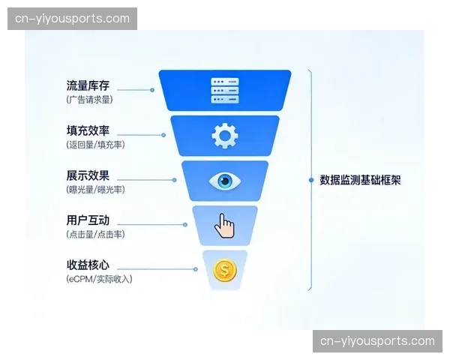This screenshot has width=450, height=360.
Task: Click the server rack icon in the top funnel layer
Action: tap(225, 91)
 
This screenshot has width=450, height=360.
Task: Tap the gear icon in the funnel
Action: tap(225, 136)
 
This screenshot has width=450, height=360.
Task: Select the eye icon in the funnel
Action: tap(225, 181)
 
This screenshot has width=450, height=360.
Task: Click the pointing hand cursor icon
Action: tap(224, 225)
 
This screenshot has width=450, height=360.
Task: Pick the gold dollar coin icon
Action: tap(224, 269)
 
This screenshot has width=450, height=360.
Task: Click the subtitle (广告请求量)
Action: tap(90, 99)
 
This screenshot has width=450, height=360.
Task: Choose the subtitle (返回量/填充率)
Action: tap(95, 144)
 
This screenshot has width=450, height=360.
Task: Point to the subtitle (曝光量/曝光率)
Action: tap(95, 189)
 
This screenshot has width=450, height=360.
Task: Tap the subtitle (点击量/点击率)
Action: tap(95, 234)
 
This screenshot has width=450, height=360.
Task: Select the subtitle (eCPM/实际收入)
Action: tap(99, 279)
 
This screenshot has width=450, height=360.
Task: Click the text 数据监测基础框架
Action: tap(360, 180)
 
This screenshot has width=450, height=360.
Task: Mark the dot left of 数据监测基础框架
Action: tap(311, 180)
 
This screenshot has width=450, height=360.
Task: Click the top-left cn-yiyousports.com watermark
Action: tap(72, 19)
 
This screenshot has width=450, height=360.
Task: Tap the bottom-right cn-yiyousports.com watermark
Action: tap(377, 341)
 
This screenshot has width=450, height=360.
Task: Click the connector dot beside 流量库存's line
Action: tap(152, 90)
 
